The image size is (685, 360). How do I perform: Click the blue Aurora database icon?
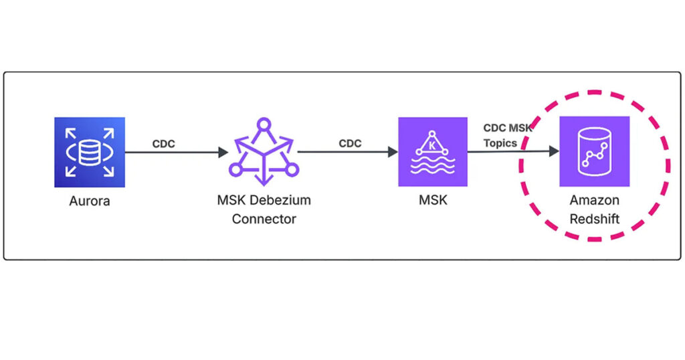(x=90, y=152)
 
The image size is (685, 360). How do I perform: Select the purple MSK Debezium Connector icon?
(x=264, y=153)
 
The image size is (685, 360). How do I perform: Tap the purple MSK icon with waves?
(x=432, y=152)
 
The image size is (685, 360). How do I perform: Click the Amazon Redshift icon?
(x=594, y=151)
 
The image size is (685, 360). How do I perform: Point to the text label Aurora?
(x=90, y=200)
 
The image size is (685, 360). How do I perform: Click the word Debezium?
(x=284, y=200)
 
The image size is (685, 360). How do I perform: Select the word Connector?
(x=264, y=219)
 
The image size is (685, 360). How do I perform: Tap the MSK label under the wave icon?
(x=432, y=200)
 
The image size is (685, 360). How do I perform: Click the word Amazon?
(x=594, y=200)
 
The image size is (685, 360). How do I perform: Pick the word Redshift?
(x=594, y=219)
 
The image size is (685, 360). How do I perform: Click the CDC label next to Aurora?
(x=164, y=143)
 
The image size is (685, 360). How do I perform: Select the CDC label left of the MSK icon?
(x=351, y=143)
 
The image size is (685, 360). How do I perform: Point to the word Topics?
(x=500, y=143)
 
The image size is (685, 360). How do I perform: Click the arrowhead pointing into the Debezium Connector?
(x=223, y=153)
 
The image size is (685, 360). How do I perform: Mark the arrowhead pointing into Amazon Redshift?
(x=554, y=152)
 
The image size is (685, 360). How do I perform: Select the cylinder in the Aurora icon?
(x=90, y=153)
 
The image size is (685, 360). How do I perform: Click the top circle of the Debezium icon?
(x=264, y=123)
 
